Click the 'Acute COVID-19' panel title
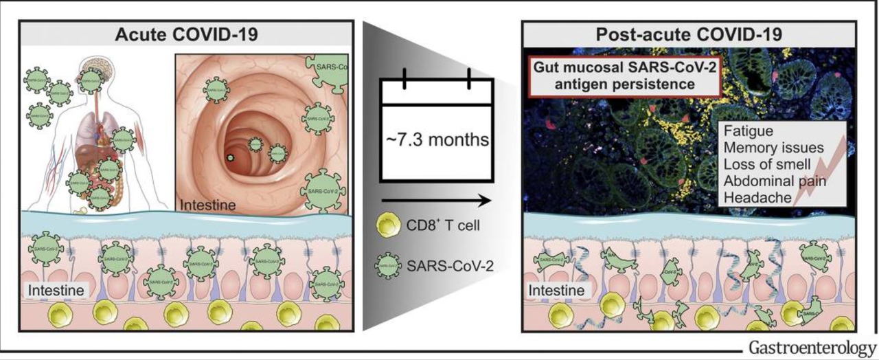(x=186, y=34)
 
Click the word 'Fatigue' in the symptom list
(x=744, y=131)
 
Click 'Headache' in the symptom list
(x=753, y=199)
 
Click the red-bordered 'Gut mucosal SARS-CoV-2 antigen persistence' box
(x=610, y=77)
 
